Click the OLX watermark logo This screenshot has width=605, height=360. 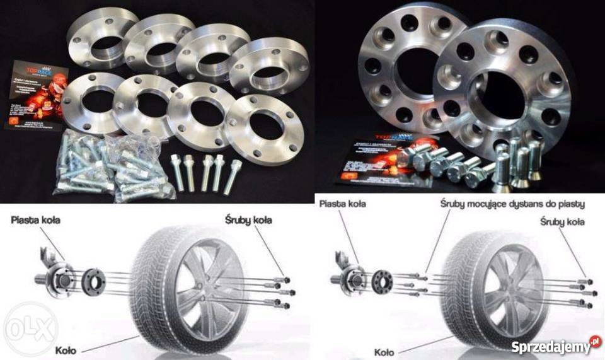tap(29, 328)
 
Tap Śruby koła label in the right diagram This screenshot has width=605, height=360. tap(562, 221)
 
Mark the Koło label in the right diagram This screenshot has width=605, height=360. tap(384, 352)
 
